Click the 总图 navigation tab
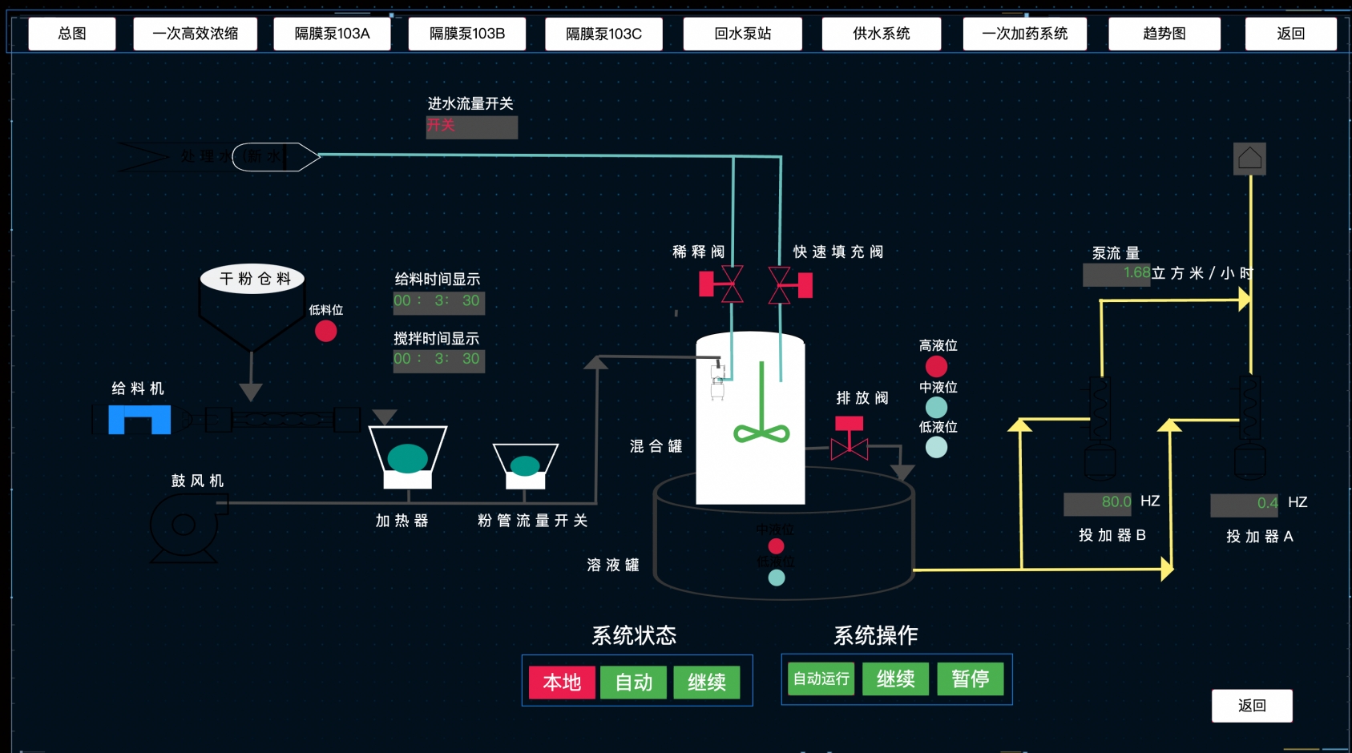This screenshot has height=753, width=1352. click(72, 34)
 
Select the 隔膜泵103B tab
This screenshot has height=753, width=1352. click(467, 34)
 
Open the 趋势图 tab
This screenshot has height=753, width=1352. click(1164, 34)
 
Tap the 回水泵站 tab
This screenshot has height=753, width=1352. click(742, 34)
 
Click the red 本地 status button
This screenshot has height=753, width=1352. click(562, 683)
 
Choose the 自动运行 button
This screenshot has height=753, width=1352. click(821, 679)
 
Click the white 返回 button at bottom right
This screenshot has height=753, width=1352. click(1251, 706)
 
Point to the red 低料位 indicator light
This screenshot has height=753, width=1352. click(325, 331)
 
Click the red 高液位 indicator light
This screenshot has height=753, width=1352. click(936, 366)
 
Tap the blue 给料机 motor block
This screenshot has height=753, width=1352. click(139, 419)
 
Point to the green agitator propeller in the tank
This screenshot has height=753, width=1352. click(761, 433)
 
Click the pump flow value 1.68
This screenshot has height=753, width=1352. click(1116, 274)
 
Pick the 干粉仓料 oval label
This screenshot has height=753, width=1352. click(252, 279)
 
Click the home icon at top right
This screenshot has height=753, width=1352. click(1249, 159)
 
